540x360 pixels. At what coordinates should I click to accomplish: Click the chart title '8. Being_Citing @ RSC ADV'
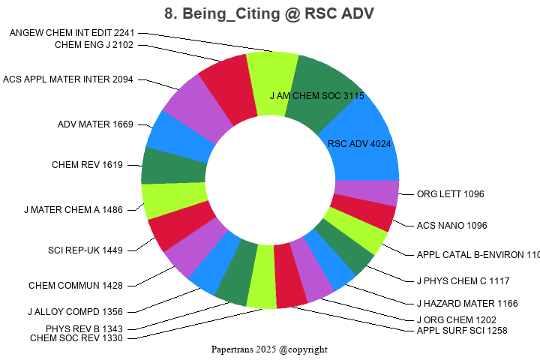269,13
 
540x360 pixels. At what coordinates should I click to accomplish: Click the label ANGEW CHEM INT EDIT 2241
72,33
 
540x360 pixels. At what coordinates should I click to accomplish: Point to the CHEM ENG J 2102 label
94,45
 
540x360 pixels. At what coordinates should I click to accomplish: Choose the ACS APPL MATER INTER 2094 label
68,79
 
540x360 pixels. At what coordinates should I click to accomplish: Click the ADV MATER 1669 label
95,124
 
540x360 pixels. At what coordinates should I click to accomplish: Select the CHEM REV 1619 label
87,165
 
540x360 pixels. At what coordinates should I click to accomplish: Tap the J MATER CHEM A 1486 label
73,210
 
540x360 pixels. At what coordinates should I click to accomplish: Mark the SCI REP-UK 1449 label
85,250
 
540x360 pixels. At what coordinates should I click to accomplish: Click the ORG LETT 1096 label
451,194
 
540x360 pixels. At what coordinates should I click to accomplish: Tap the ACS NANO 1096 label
452,225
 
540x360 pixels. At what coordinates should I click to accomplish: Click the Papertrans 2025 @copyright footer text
269,349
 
